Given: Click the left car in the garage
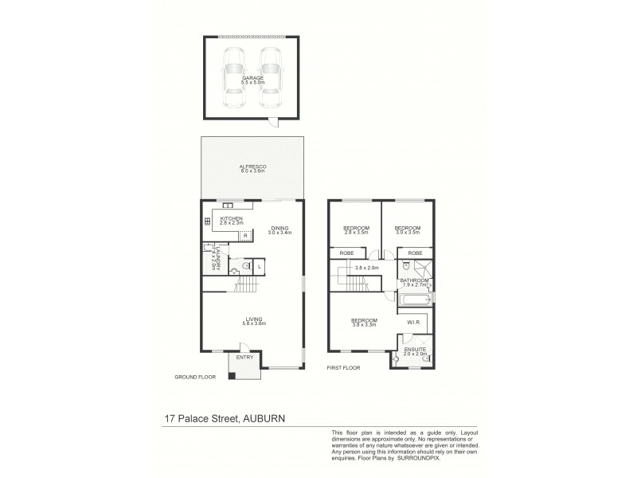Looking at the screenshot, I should (x=235, y=79).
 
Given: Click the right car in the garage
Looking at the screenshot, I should (x=271, y=79).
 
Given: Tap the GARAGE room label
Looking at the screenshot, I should (x=253, y=78).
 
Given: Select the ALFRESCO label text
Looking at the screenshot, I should (x=252, y=167).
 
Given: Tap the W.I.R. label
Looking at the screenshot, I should (x=414, y=323).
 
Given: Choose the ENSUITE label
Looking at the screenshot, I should (x=415, y=350).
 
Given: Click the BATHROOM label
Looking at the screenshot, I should (x=415, y=280).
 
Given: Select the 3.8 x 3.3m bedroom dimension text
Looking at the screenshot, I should (x=365, y=325).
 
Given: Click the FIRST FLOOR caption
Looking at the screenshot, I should (x=344, y=369).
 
